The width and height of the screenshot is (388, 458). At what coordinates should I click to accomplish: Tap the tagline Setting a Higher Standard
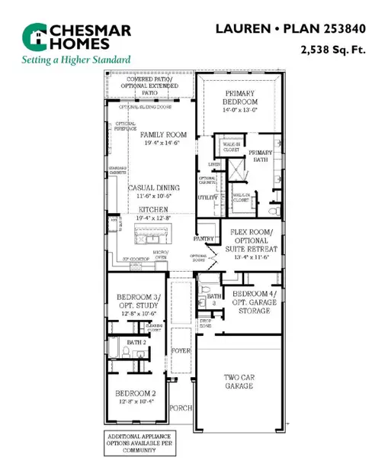(75, 60)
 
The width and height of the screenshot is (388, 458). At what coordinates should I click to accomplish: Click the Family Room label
(162, 138)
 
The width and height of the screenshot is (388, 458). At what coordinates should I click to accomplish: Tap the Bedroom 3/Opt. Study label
(136, 302)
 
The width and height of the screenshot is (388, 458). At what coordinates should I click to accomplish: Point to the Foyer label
(180, 351)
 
